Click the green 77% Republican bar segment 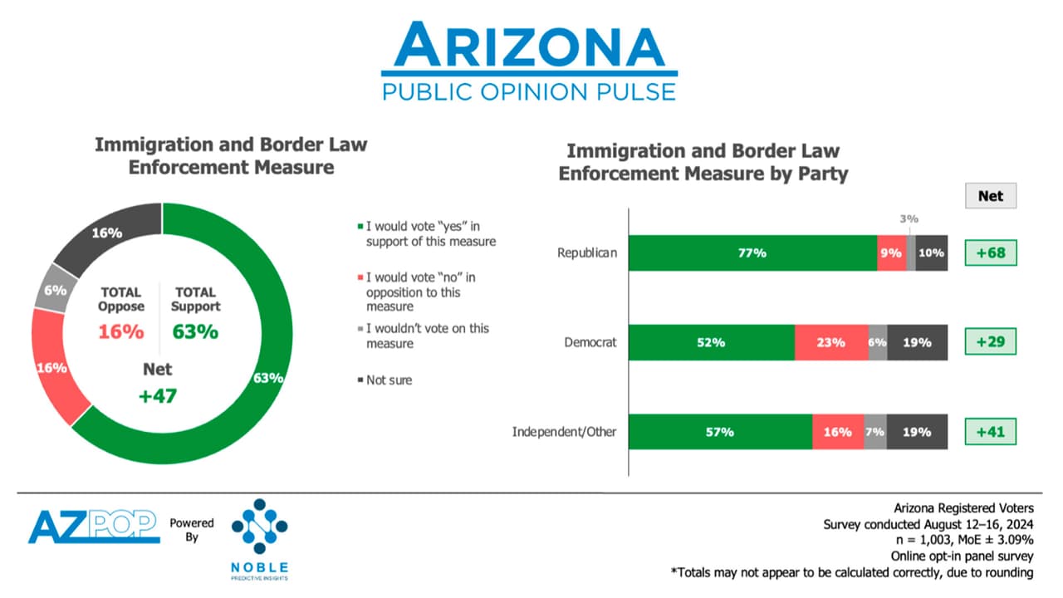(x=752, y=253)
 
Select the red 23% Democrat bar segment (x=830, y=342)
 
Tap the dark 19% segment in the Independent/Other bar (x=917, y=432)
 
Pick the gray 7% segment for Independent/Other (x=875, y=432)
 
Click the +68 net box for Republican (x=990, y=253)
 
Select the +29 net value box (x=990, y=342)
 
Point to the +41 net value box (x=990, y=432)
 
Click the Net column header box (x=990, y=196)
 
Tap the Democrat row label (x=590, y=342)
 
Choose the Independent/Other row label (x=565, y=432)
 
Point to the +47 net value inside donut (x=158, y=395)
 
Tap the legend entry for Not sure (x=389, y=380)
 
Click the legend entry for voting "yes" (x=429, y=233)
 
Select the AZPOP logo (x=93, y=527)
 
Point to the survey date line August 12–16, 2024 (x=928, y=525)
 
